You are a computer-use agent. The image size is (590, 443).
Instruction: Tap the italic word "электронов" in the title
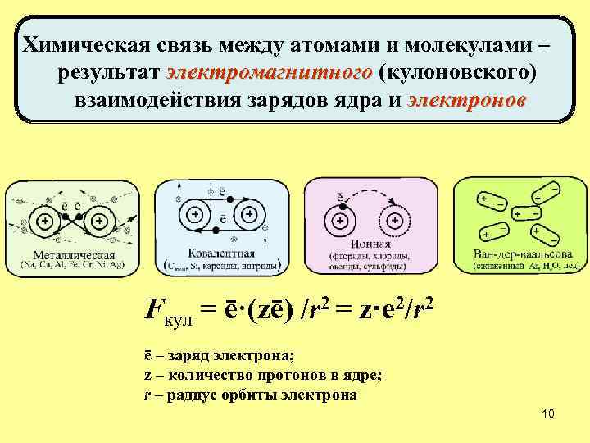click(x=466, y=102)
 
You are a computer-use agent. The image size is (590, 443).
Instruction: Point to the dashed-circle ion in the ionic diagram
click(x=395, y=220)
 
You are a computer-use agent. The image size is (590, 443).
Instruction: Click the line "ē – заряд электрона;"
click(x=218, y=355)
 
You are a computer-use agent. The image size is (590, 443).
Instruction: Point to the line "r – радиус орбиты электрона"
click(x=250, y=395)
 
